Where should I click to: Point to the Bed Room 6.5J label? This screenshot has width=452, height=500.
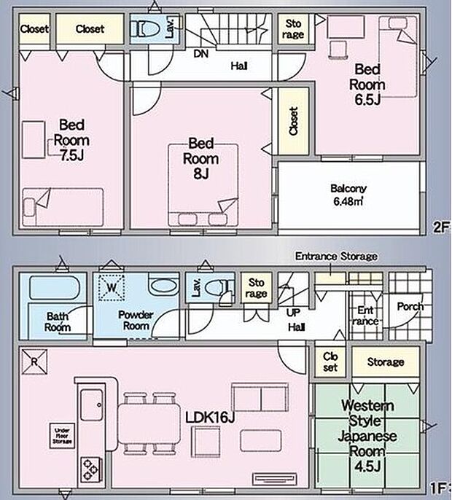coord(370,84)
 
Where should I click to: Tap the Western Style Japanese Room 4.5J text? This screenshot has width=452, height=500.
coord(367,436)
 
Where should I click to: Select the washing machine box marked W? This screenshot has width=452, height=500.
coord(112,286)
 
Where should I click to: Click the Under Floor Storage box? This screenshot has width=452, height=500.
coord(62,435)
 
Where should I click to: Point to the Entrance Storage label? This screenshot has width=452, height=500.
coord(336,257)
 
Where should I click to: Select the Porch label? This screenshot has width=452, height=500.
coord(410,306)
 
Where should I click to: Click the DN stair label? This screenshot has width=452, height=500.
coord(199,52)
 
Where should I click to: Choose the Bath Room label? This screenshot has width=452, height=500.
coord(58,321)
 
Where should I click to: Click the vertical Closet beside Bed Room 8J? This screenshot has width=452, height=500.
coord(293,121)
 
